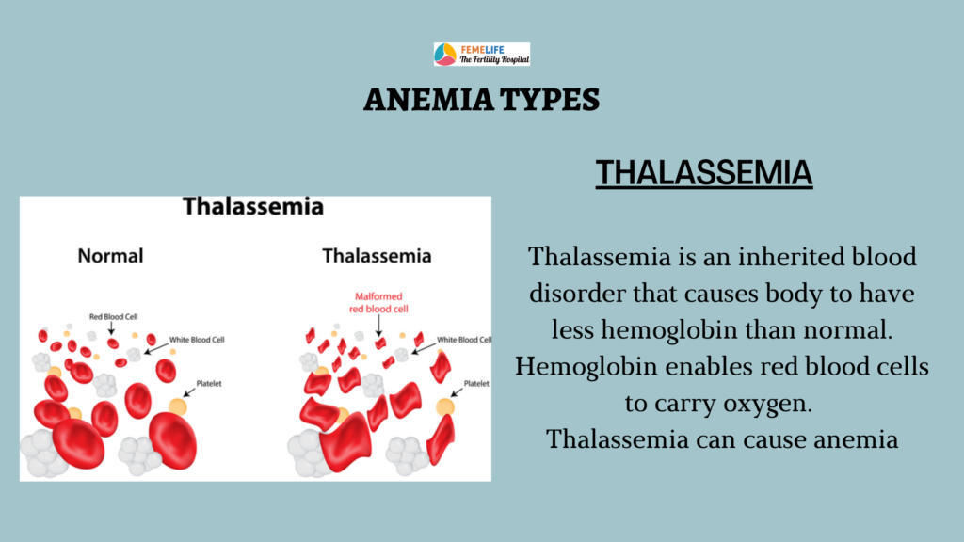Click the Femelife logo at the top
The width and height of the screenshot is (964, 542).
click(x=481, y=54)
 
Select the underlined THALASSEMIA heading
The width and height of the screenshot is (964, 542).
click(x=704, y=173)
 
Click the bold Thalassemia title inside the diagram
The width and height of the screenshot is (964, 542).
click(x=253, y=206)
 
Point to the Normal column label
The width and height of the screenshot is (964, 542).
click(x=111, y=256)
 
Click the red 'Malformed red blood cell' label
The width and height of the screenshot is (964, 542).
click(x=378, y=302)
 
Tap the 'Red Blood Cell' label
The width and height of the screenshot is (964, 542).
click(x=114, y=316)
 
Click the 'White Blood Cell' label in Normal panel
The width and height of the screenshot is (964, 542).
click(x=197, y=339)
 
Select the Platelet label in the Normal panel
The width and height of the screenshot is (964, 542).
click(x=209, y=384)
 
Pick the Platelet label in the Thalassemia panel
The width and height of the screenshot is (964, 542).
click(x=476, y=384)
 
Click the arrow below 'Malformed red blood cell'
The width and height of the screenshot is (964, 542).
click(x=378, y=326)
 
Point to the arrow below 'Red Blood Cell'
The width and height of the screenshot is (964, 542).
click(x=111, y=328)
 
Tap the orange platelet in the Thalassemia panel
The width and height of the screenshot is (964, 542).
click(x=445, y=406)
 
